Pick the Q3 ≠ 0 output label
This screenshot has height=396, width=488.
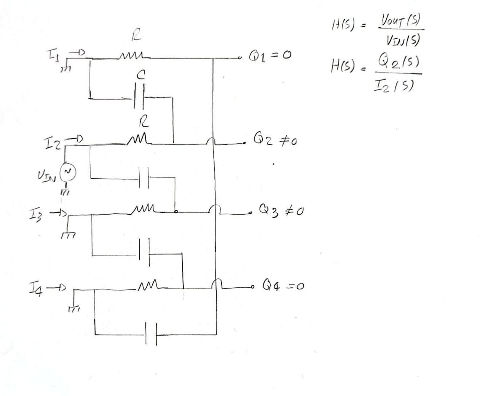tap(281, 209)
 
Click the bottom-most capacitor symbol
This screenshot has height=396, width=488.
tap(151, 334)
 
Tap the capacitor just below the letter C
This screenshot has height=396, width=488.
tap(140, 98)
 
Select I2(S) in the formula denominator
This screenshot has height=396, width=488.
tap(395, 86)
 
